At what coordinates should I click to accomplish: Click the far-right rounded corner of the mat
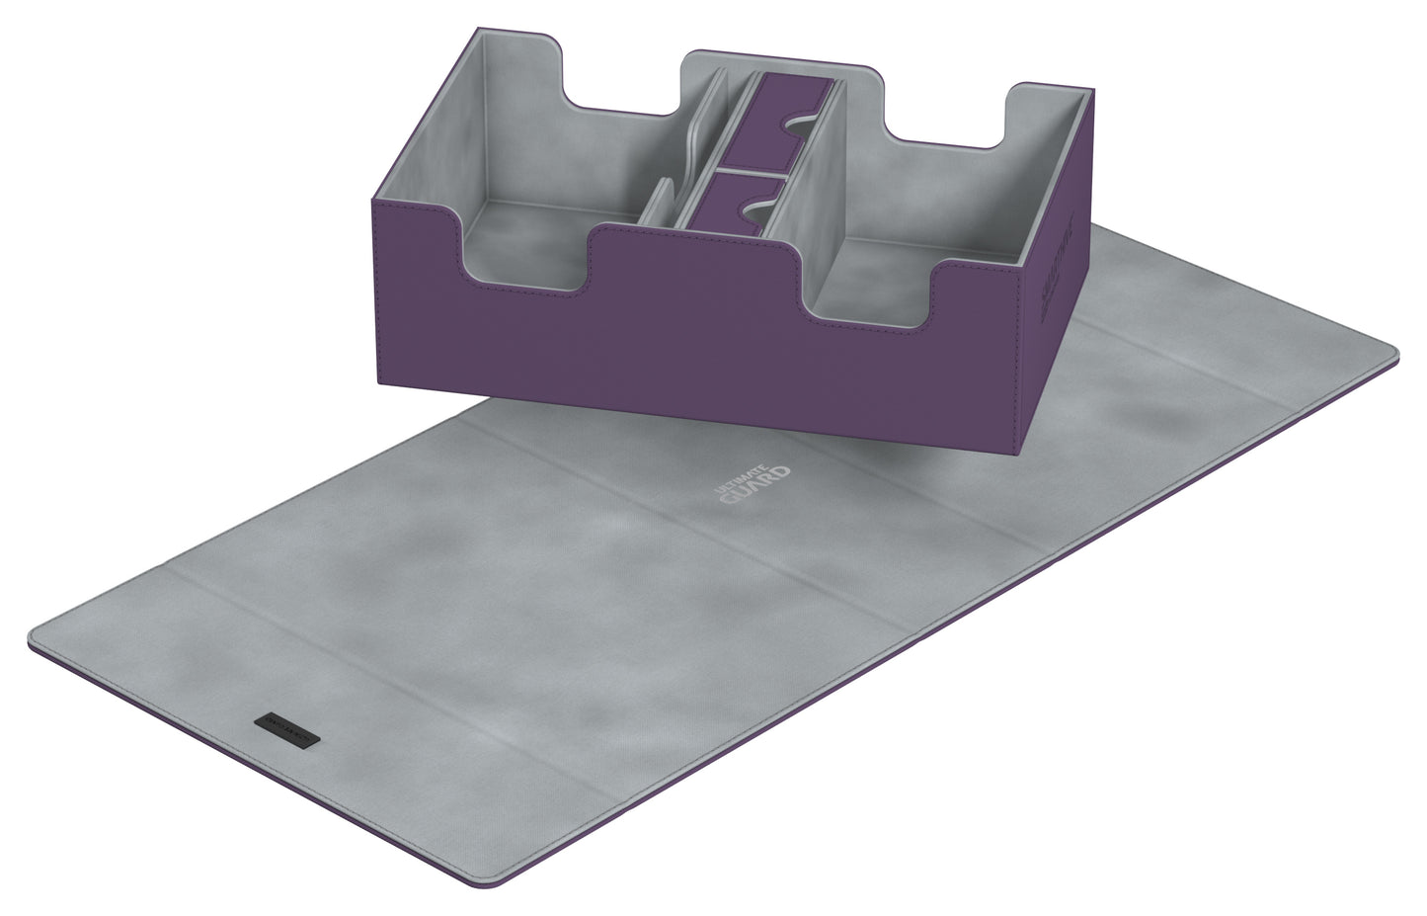point(1387,351)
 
